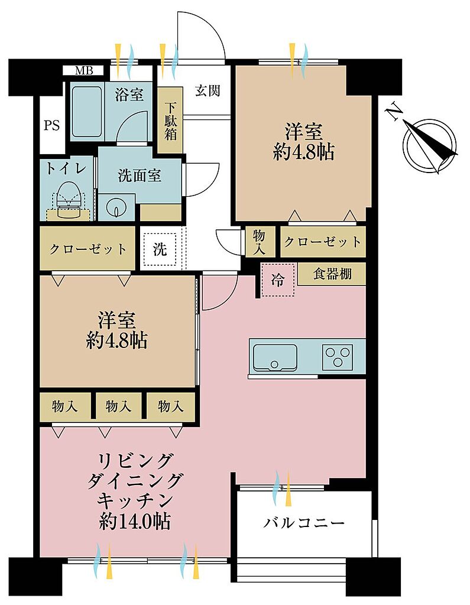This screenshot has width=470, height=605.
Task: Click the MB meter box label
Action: coord(84,71)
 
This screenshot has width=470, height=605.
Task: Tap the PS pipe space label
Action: coord(52,125)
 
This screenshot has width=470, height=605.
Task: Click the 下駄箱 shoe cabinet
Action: coord(170,120)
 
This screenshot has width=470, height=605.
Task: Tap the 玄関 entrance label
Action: coord(208,90)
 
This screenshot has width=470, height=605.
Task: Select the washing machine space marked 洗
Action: coord(160,249)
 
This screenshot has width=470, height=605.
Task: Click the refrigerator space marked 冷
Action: coord(278,279)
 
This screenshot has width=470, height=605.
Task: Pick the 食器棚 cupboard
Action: coord(332,274)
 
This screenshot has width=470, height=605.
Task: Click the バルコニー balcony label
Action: coord(303,523)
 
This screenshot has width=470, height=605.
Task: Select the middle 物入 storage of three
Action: coord(118,406)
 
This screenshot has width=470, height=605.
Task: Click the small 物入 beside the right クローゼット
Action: coord(260,242)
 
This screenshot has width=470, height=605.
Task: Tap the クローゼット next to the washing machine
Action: coord(87,248)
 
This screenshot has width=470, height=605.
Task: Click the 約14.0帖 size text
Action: coord(135,522)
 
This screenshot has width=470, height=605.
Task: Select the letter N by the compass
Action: coord(394,112)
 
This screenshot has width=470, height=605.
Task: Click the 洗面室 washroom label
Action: coord(139,176)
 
